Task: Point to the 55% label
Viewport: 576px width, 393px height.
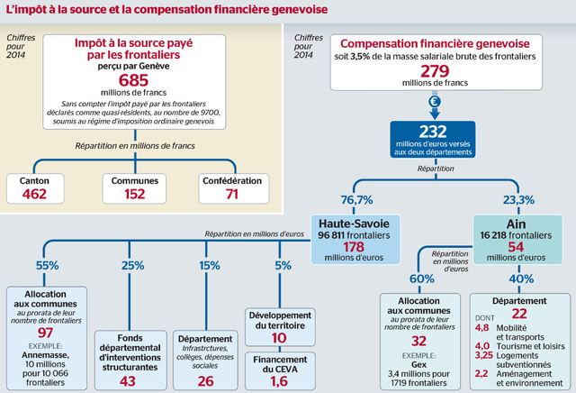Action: pos(47,266)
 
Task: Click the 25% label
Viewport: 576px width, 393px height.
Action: pos(132,266)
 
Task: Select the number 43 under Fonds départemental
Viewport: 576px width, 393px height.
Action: pos(128,381)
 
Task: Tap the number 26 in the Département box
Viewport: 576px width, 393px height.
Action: pos(206,381)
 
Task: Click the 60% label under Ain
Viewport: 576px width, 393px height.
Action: pos(421,279)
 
